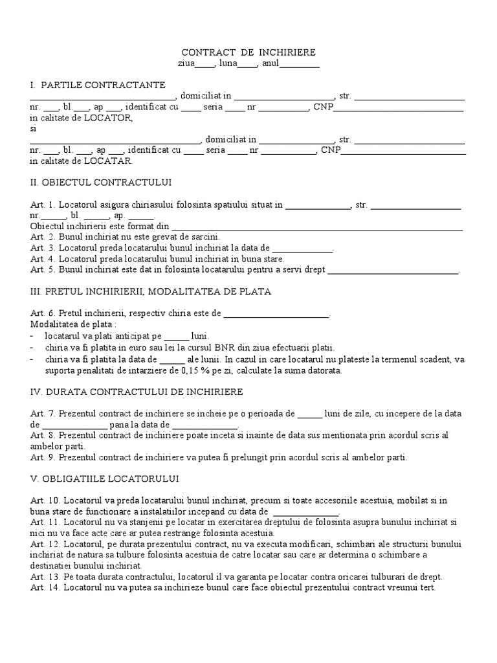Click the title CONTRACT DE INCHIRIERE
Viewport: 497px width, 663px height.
coord(248,52)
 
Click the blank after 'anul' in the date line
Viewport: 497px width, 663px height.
coord(300,64)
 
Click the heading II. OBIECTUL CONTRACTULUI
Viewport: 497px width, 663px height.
coord(101,182)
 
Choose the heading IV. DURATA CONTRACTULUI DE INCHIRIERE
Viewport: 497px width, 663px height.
coord(137,392)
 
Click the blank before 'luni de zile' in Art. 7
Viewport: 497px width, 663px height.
coord(309,414)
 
